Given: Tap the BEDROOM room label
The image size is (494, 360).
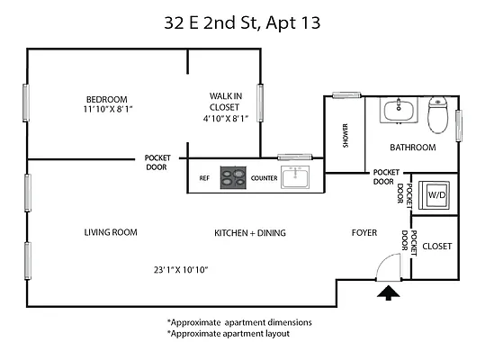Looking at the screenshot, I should tap(106, 99).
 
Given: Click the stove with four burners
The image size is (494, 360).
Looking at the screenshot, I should tap(234, 177).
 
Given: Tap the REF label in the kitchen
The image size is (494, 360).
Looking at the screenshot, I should tap(204, 178).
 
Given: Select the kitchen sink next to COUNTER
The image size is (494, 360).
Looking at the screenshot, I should tap(295, 176).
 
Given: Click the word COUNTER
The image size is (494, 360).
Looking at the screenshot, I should tap(264, 178).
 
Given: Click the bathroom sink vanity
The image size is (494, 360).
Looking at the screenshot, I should tap(399, 111).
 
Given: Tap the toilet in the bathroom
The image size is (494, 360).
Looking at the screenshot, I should tap(437, 114).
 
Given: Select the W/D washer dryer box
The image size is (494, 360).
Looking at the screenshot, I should tap(436, 194).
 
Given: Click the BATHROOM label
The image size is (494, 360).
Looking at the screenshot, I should tap(412, 148).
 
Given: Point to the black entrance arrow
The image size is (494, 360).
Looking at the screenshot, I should tap(388, 292).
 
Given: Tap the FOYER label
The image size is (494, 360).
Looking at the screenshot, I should tap(364, 233).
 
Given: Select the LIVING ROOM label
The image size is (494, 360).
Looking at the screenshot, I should tap(111, 233).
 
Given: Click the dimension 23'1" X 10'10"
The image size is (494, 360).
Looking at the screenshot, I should tap(181, 269).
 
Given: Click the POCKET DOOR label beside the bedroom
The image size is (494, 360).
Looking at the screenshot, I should tap(157, 162).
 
